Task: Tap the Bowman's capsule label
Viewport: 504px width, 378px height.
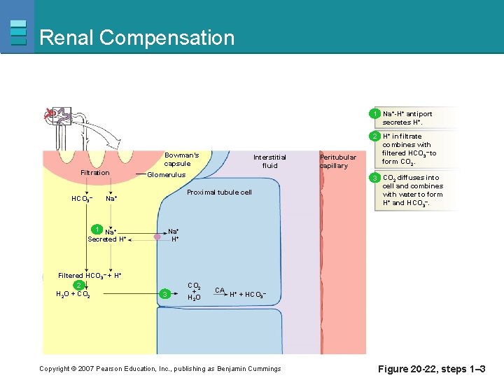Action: tap(181, 159)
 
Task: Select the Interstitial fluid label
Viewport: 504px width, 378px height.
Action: tap(269, 161)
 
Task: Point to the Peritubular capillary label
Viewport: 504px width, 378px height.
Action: tap(338, 161)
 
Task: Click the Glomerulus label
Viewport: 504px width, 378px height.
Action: tap(166, 175)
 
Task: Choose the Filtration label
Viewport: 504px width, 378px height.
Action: tap(95, 172)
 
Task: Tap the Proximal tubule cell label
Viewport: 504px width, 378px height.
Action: tap(219, 192)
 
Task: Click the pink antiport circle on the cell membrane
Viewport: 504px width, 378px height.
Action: tap(157, 238)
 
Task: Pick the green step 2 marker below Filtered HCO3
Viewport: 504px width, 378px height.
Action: tap(79, 285)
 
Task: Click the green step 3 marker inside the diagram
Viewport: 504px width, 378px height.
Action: tap(164, 293)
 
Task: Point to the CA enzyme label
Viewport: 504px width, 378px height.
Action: tap(219, 290)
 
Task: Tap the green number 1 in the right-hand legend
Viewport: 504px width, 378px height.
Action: tap(376, 113)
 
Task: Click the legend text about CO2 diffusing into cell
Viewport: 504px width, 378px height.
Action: tap(412, 190)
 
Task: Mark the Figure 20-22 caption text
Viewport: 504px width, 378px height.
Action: tap(431, 369)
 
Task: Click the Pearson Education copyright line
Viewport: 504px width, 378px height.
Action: tap(160, 369)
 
